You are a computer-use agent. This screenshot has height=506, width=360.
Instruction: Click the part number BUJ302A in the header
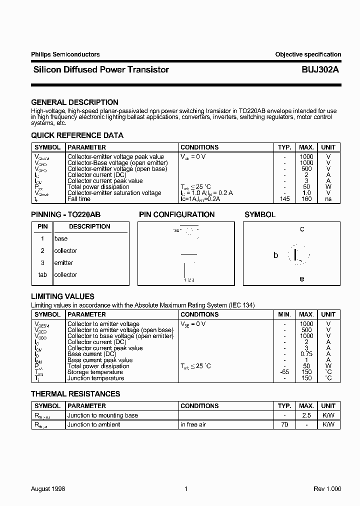pos(320,70)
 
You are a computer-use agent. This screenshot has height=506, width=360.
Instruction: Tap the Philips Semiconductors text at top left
pos(65,54)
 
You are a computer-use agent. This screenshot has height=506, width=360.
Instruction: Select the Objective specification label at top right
pos(308,54)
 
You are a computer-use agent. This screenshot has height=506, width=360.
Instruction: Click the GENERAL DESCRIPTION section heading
pos(75,102)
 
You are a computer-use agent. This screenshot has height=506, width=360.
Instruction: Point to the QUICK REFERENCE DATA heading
pos(77,135)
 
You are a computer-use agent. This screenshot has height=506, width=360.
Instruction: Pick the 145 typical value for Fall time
pos(284,199)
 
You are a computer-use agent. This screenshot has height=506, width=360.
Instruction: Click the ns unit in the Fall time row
pos(328,199)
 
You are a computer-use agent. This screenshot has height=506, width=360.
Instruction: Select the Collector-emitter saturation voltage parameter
pos(114,193)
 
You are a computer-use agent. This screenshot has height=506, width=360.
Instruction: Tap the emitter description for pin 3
pos(63,263)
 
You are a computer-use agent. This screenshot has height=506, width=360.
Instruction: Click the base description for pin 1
pos(60,239)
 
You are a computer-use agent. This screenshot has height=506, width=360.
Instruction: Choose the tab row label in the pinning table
pos(42,275)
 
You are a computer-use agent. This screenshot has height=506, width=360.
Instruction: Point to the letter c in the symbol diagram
pos(302,229)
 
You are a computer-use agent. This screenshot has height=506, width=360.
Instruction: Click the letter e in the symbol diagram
pos(301,279)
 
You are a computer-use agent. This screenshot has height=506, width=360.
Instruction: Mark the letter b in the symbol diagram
pos(275,255)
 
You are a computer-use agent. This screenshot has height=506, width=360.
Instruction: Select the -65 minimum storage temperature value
pos(284,372)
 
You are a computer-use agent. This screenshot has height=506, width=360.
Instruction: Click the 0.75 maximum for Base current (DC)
pos(306,354)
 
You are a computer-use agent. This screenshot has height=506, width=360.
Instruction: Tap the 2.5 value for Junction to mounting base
pos(306,415)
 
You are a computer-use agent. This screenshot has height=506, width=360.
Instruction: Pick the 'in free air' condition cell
pos(193,424)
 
